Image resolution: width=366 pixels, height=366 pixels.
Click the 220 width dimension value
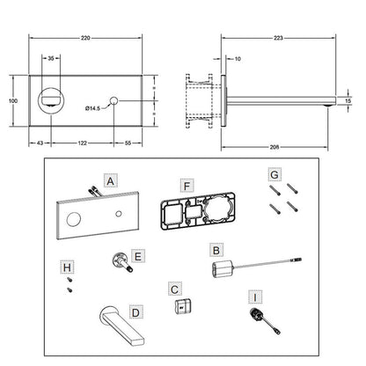pos(85,38)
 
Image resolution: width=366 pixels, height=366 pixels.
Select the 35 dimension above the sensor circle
pos(51,58)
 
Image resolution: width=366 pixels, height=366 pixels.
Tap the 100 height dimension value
pos(13,100)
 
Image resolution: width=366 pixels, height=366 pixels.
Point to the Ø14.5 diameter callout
pos(92,108)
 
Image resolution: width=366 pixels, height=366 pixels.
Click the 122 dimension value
pos(83,143)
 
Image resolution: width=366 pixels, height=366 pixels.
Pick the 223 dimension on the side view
pos(278,38)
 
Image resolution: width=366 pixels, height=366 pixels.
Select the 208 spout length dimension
pos(274,147)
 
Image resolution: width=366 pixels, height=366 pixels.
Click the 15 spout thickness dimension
pos(348,100)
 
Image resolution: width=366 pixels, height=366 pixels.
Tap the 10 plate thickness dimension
pos(238,59)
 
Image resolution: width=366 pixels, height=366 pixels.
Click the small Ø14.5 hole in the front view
pos(113,100)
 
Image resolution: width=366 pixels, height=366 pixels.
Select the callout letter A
pos(110,181)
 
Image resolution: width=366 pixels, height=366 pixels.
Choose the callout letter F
pos(187,187)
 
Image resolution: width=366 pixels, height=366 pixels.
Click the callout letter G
pos(274,175)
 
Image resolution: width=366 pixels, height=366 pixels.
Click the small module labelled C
pos(182,306)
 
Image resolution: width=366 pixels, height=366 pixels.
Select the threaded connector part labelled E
pos(122,262)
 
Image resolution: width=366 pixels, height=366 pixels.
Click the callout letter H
pos(67,267)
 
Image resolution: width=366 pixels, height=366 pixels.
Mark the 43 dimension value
pos(40,143)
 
